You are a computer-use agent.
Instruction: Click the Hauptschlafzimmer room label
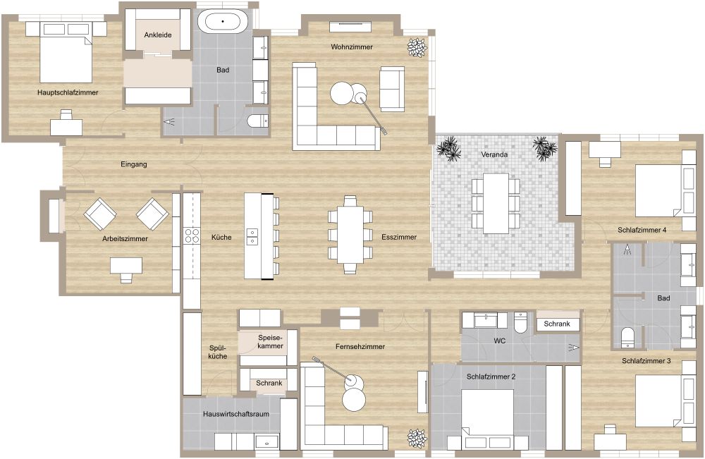(x=68, y=92)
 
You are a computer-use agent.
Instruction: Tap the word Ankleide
(x=157, y=35)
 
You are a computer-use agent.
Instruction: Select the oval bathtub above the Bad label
(x=223, y=21)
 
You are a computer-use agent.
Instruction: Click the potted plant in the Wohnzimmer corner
(x=417, y=47)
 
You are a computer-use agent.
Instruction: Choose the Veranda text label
(x=495, y=154)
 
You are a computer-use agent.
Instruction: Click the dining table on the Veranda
(x=496, y=203)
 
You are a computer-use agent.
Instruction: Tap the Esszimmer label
(x=399, y=238)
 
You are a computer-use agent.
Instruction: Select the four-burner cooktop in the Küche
(x=192, y=235)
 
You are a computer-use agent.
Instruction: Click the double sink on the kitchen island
(x=252, y=236)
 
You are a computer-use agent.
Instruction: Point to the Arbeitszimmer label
(x=125, y=239)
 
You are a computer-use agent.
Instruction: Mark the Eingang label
(x=133, y=165)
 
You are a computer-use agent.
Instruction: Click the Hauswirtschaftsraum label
(x=235, y=415)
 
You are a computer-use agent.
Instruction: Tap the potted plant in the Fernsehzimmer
(x=417, y=439)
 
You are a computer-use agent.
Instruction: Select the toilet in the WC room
(x=521, y=322)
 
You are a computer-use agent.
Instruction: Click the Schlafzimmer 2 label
(x=491, y=377)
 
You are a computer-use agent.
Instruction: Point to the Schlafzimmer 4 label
(x=642, y=230)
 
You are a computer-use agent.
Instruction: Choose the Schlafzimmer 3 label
(x=646, y=361)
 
